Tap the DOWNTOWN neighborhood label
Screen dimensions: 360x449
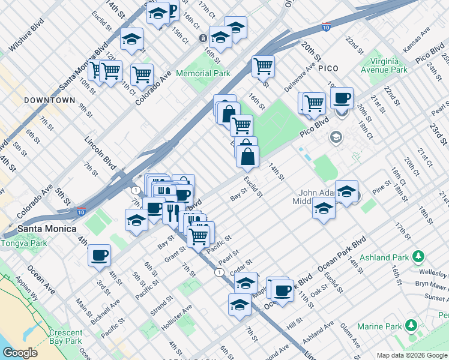pos(50,100)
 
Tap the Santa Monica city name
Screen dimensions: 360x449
pos(47,229)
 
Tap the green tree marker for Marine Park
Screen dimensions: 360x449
pos(411,326)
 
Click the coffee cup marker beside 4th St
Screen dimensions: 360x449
pos(99,255)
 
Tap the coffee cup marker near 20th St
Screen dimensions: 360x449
pos(342,97)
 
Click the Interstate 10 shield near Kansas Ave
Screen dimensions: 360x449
pos(325,27)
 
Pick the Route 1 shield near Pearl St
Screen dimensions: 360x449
pos(220,272)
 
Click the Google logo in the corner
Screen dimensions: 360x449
pos(20,352)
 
